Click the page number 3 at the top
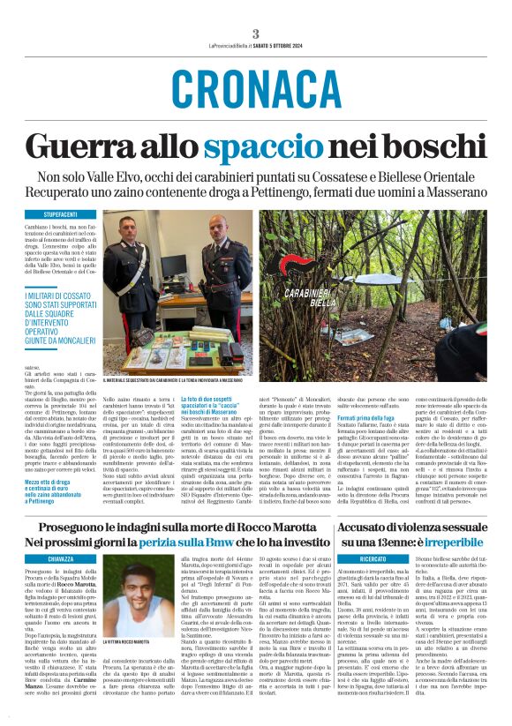(256, 34)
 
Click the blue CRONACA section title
(256, 88)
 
